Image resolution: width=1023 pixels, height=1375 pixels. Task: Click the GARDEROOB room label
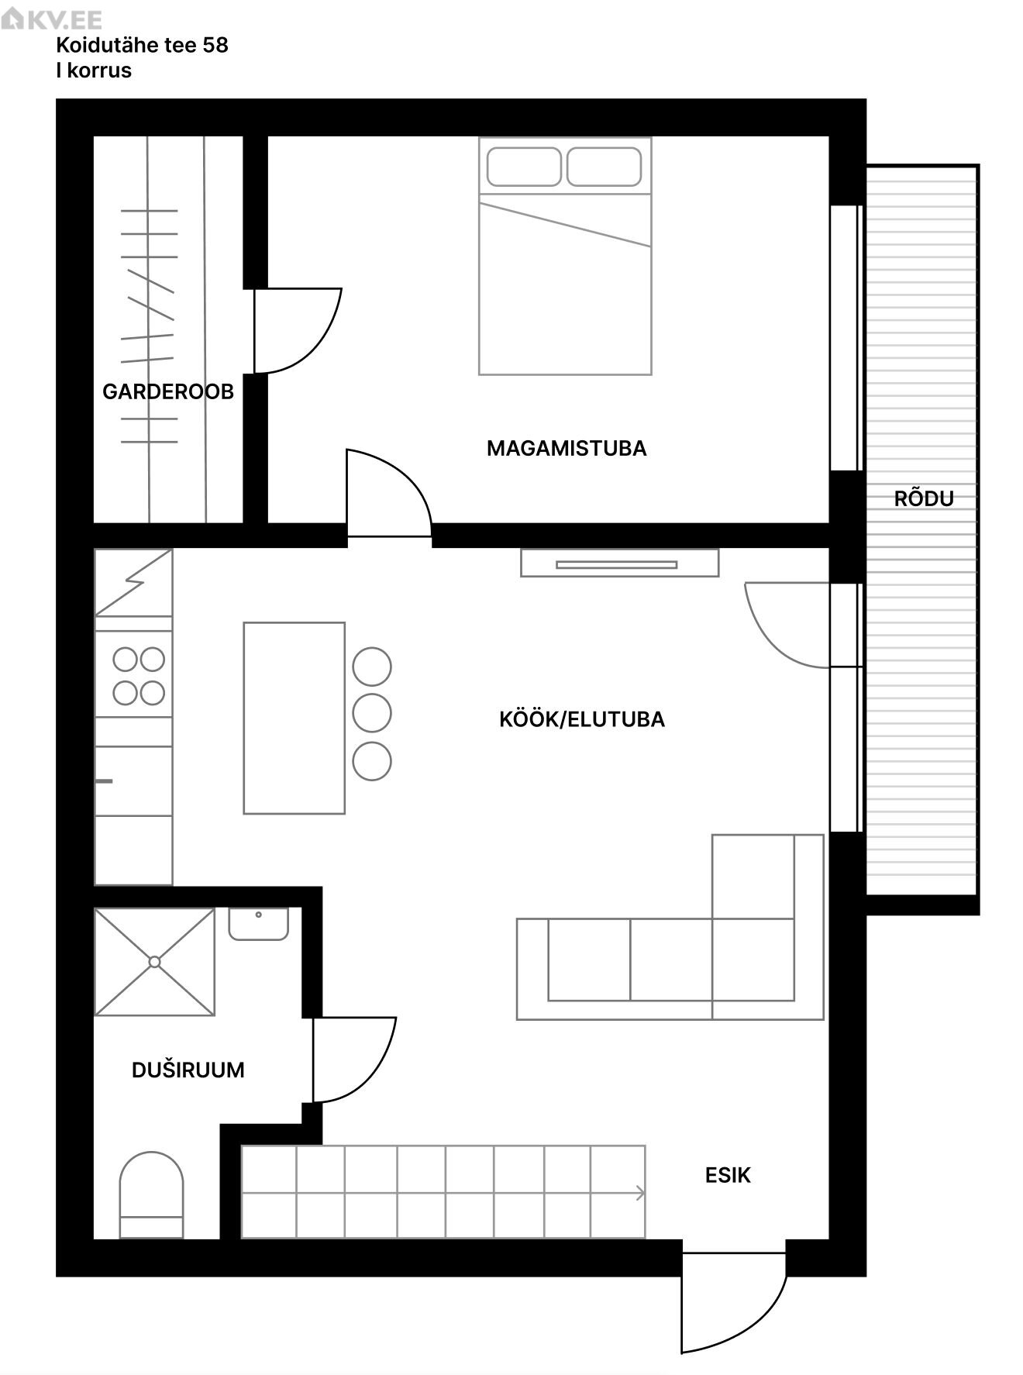(x=168, y=391)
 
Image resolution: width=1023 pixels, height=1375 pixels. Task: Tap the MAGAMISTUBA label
(x=567, y=448)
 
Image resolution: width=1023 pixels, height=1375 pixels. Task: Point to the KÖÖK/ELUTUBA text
(x=582, y=719)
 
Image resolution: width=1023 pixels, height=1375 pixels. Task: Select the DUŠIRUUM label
(x=188, y=1070)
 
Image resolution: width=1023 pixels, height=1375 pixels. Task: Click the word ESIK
(x=728, y=1175)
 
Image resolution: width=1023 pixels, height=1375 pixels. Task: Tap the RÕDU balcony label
(x=924, y=498)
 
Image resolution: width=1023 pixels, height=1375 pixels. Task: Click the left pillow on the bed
(x=524, y=167)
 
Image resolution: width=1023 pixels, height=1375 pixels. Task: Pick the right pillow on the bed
(x=604, y=167)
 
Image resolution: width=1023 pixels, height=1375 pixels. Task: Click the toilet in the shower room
(x=151, y=1194)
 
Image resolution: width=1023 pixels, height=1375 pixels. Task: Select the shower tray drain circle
(x=154, y=962)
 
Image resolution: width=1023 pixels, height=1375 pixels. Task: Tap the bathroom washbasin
(x=259, y=924)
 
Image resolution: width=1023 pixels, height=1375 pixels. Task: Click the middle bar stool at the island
(x=372, y=714)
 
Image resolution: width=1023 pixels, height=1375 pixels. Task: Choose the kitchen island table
(x=294, y=718)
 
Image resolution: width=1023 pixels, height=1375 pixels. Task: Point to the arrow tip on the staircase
(x=644, y=1194)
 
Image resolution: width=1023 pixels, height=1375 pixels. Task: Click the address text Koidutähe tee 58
(x=143, y=45)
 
